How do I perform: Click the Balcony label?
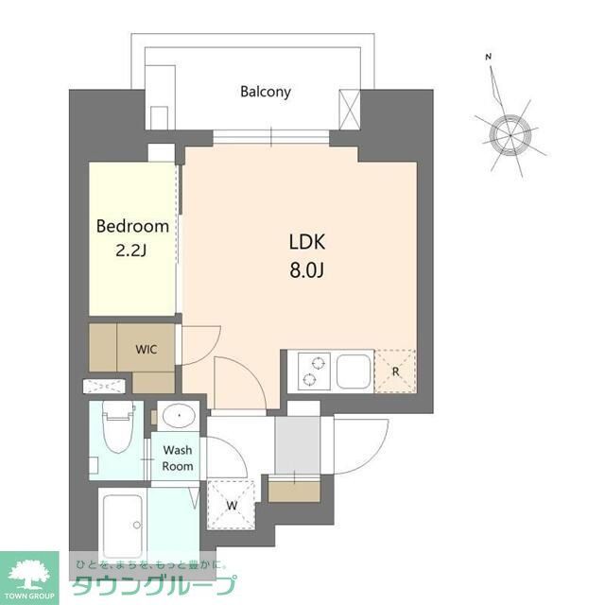coord(265,92)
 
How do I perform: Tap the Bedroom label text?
coord(133,226)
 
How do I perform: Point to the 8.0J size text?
coord(306,270)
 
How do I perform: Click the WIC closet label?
coord(146,348)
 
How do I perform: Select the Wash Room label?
coord(178,458)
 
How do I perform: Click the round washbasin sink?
coord(176,417)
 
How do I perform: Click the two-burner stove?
coord(314,370)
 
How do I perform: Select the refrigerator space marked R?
coord(395,371)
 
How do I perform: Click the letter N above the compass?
coord(489,58)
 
